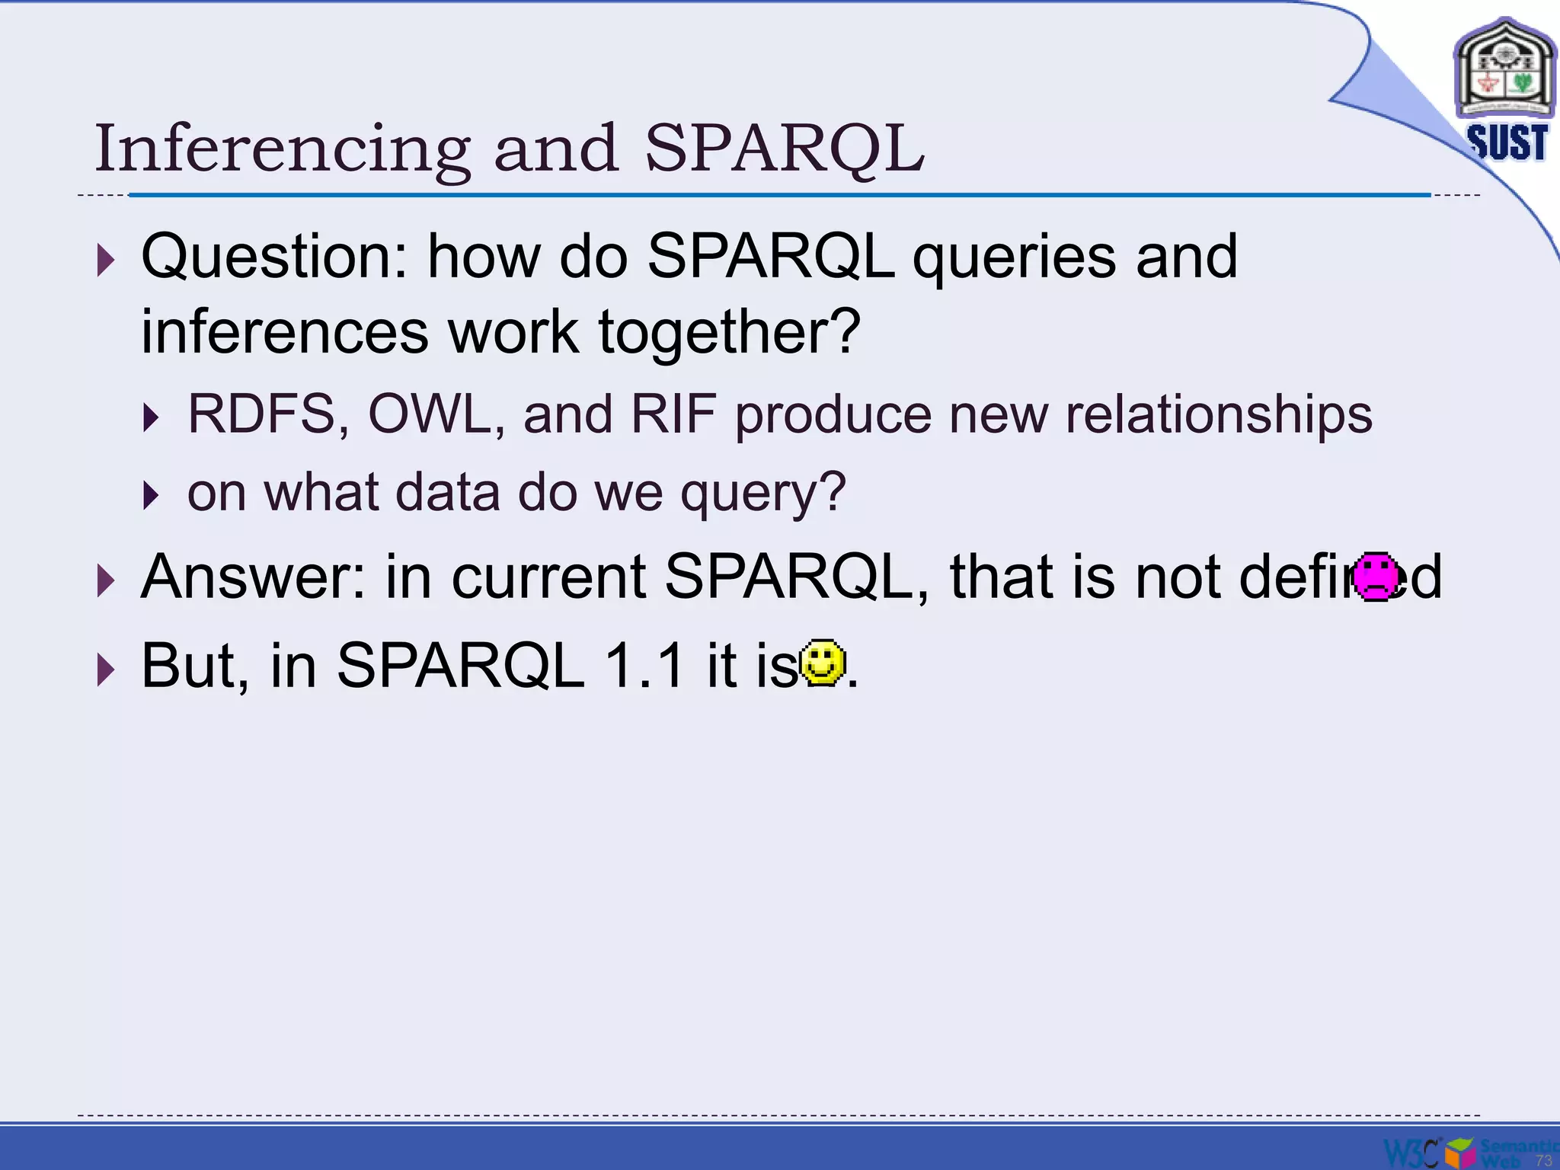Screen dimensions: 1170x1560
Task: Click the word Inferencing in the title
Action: point(282,149)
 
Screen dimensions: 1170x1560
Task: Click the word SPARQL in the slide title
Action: point(785,149)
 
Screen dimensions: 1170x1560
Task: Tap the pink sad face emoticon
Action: point(1376,577)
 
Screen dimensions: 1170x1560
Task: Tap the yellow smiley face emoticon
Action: point(823,663)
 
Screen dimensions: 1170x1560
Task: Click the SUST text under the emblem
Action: point(1507,142)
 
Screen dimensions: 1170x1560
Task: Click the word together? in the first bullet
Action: point(729,333)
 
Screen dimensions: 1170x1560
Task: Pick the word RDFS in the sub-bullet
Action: point(261,414)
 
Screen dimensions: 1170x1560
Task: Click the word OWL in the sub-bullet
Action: point(430,414)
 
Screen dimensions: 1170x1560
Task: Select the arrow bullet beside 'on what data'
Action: point(151,496)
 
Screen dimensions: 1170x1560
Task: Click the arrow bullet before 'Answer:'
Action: point(105,581)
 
